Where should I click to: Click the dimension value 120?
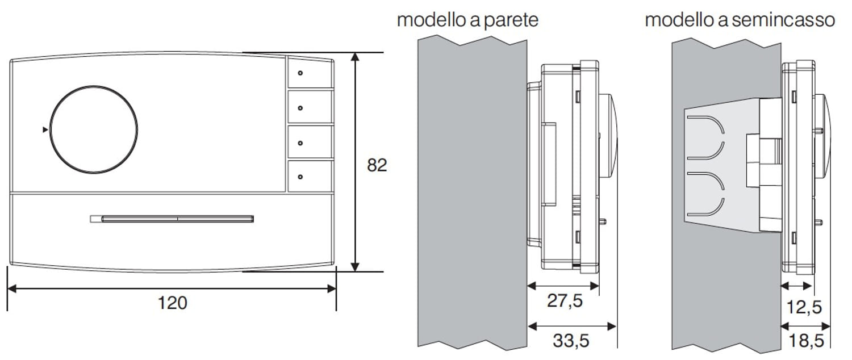(172, 303)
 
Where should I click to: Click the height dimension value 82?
(377, 165)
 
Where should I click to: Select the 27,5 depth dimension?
(565, 301)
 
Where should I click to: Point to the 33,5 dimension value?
(570, 341)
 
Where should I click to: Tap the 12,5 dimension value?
(804, 307)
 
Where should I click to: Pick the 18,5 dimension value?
(806, 341)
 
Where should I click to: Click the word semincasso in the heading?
(783, 20)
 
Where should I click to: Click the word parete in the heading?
(511, 20)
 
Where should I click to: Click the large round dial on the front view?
(94, 129)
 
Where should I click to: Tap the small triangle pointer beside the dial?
(45, 129)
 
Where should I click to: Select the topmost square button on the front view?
(310, 73)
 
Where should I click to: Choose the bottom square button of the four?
(310, 177)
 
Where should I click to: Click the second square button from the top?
(310, 107)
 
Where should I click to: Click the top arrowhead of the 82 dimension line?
(355, 57)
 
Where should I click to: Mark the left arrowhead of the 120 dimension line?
(12, 288)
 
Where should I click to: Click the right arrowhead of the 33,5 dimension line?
(612, 326)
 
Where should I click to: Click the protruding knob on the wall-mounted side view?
(608, 136)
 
